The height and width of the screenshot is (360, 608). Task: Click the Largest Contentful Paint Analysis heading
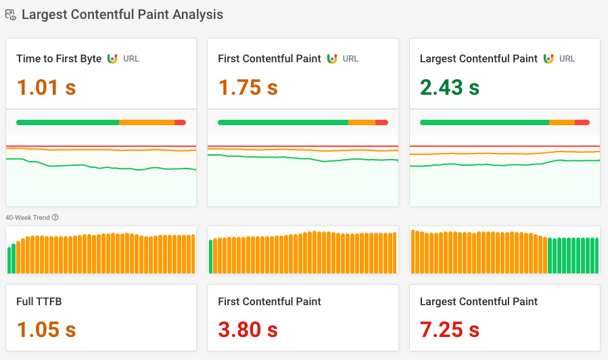122,14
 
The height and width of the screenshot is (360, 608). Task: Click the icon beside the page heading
11,14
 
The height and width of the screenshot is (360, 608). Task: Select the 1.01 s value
46,87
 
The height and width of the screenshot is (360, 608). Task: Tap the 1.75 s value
248,87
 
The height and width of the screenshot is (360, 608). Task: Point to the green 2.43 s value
449,87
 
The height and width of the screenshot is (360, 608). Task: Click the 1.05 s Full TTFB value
46,330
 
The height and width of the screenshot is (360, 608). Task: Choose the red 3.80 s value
248,330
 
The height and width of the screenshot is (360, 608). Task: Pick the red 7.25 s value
449,330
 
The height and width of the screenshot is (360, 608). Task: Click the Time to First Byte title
59,59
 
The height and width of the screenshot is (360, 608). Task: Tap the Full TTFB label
39,301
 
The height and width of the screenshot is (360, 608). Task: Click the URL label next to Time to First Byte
131,59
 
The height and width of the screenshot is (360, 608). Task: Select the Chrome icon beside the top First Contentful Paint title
332,59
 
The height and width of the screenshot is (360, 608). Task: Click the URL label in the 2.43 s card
567,59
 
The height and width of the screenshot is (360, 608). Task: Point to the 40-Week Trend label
27,217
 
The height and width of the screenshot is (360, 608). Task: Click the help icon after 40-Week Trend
55,217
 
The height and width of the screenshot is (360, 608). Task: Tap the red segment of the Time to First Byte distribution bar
180,122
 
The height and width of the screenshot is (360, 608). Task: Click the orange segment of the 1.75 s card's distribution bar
361,122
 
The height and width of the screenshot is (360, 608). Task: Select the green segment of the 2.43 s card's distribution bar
484,122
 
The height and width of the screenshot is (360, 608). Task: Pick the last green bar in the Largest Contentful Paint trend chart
597,256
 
